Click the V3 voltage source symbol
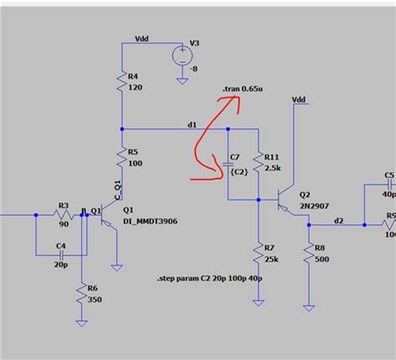(180, 56)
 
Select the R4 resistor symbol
(122, 82)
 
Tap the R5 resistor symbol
(122, 157)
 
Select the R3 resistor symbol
(62, 215)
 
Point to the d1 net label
(192, 124)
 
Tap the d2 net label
(338, 220)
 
